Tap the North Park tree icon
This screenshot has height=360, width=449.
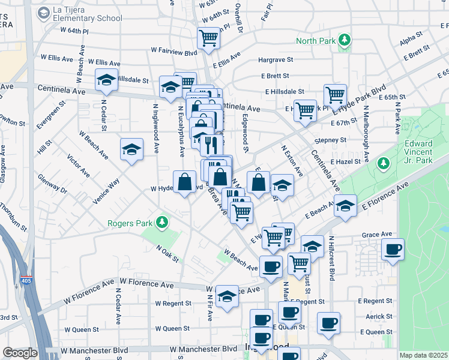click(x=345, y=41)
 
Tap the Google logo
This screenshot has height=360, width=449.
click(x=20, y=353)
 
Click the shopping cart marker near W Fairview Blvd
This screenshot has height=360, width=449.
click(x=208, y=38)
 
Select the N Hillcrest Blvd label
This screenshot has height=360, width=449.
click(x=331, y=259)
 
